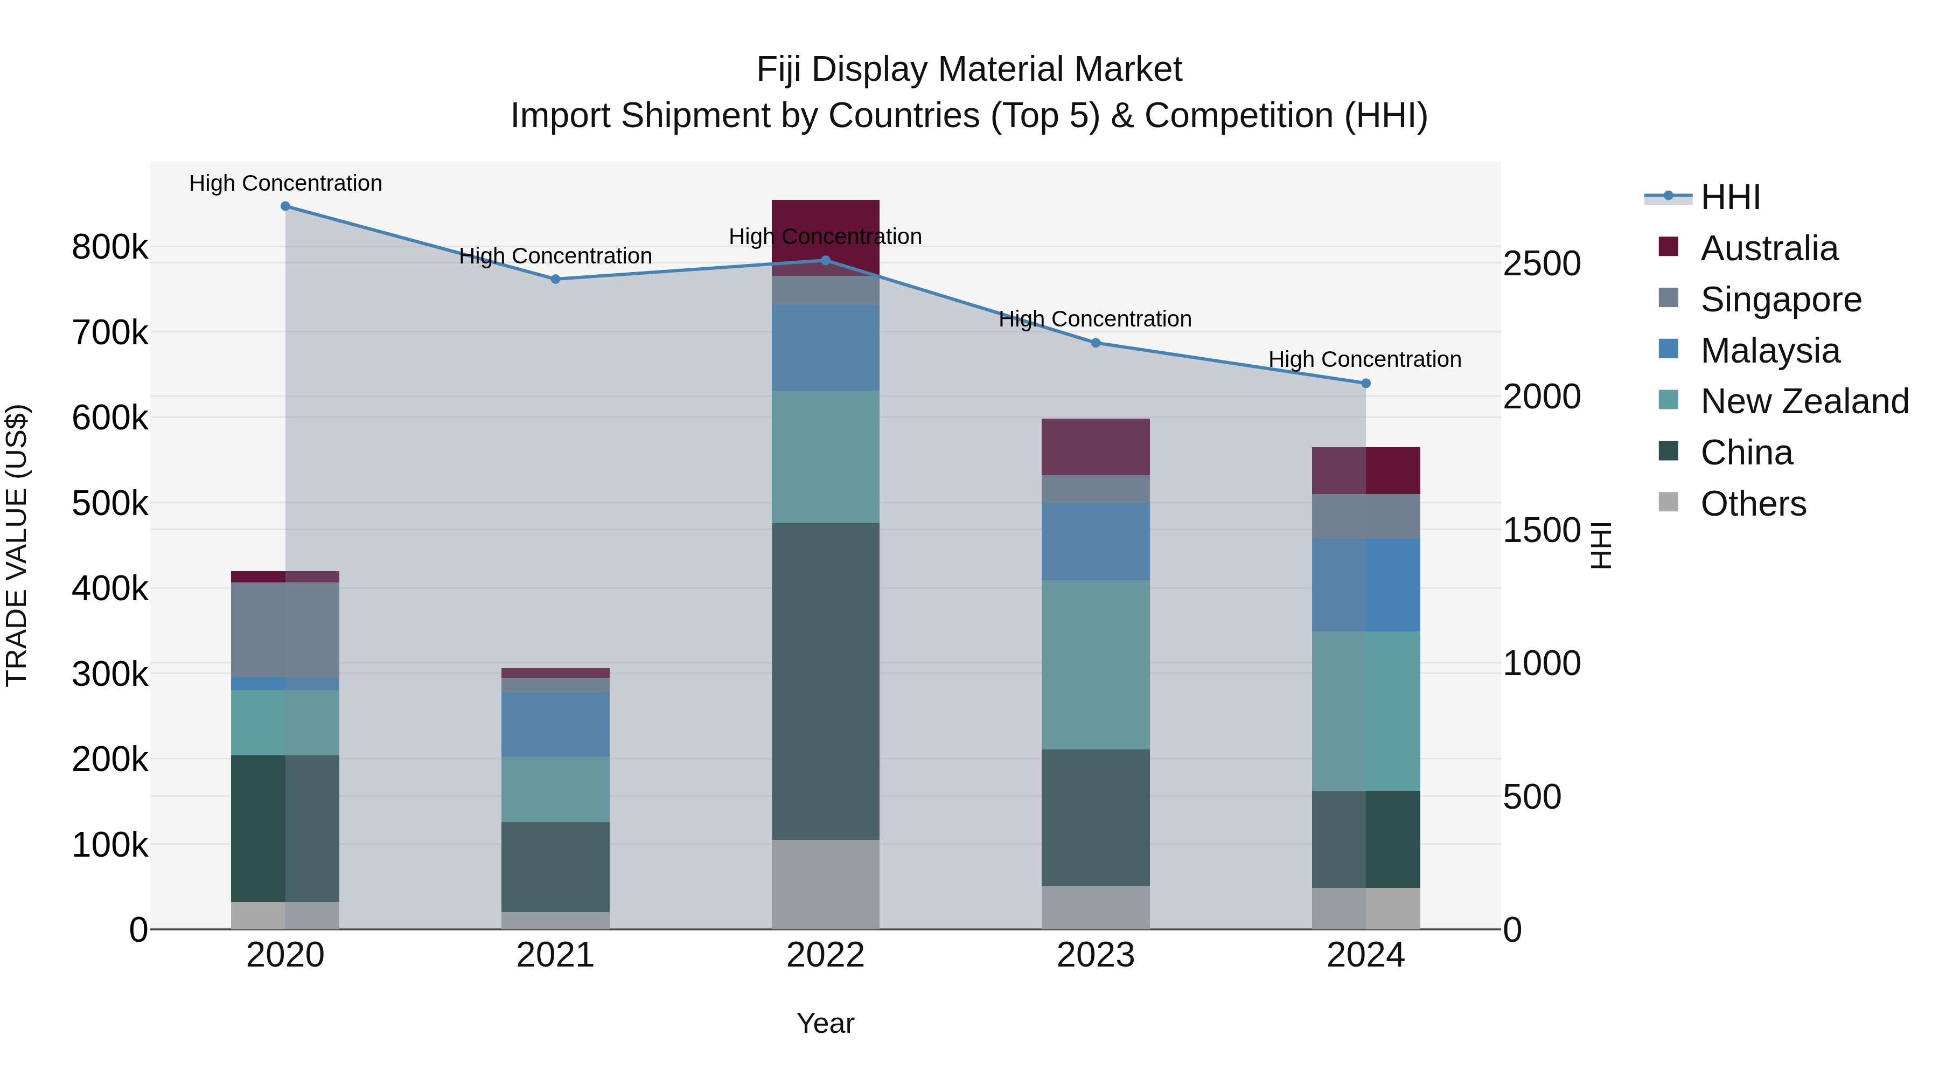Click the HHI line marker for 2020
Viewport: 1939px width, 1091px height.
(x=285, y=206)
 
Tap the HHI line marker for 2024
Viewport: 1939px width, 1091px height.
(x=1365, y=383)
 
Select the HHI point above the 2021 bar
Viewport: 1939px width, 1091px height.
(x=555, y=279)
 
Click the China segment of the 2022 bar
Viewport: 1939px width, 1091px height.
(x=825, y=682)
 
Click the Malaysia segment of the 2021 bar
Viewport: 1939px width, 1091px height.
(x=555, y=724)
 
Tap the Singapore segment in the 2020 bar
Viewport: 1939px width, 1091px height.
(x=285, y=629)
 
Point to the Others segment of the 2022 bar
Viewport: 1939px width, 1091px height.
(x=825, y=884)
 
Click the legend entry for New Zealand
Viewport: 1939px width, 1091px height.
(x=1803, y=401)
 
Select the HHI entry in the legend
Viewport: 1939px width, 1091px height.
(x=1729, y=197)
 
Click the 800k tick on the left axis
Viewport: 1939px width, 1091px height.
(x=110, y=247)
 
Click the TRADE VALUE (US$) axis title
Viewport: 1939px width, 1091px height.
(x=17, y=545)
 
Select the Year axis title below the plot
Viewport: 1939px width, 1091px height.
(x=825, y=1023)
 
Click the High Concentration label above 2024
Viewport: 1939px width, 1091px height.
(x=1365, y=360)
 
